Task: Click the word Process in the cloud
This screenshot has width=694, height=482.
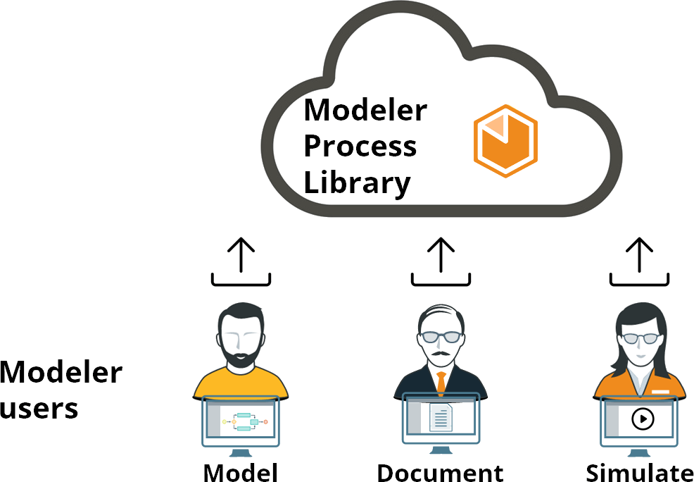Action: [x=360, y=147]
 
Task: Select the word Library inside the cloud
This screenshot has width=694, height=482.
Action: [x=357, y=183]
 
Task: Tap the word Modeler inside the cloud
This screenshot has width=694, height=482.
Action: [x=365, y=111]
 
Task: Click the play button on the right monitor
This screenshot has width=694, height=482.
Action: [x=642, y=419]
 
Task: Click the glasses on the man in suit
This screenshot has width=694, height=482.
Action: [x=441, y=337]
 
